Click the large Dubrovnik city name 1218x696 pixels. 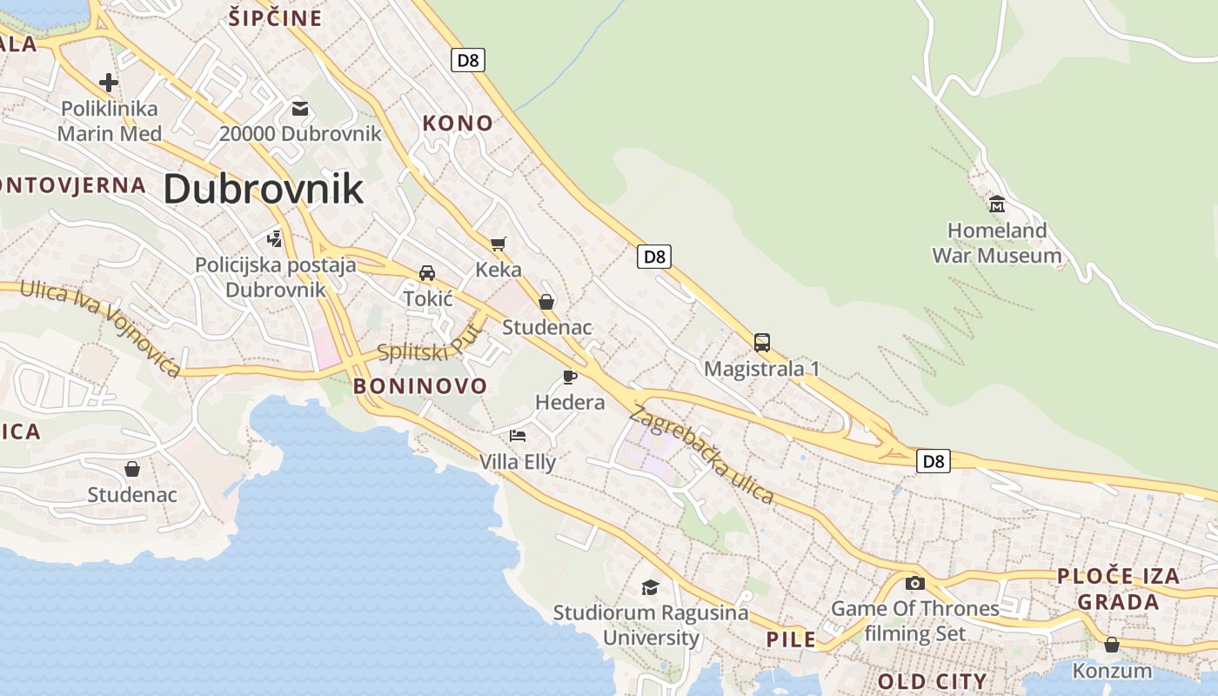pyautogui.click(x=263, y=189)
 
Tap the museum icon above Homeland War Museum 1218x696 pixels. pyautogui.click(x=997, y=204)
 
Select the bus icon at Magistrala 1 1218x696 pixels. pyautogui.click(x=762, y=342)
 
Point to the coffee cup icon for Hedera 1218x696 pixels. pyautogui.click(x=570, y=377)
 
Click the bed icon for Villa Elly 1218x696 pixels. pyautogui.click(x=518, y=435)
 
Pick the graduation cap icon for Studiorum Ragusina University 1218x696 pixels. pyautogui.click(x=650, y=587)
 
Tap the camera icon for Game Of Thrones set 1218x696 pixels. pyautogui.click(x=915, y=583)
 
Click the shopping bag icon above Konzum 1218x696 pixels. pyautogui.click(x=1112, y=645)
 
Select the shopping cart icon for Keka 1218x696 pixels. pyautogui.click(x=498, y=244)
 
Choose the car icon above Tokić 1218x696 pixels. pyautogui.click(x=427, y=273)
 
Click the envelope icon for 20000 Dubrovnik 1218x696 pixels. pyautogui.click(x=300, y=109)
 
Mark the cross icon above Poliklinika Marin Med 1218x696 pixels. pyautogui.click(x=109, y=83)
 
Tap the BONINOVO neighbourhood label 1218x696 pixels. pyautogui.click(x=420, y=386)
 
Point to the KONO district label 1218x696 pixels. pyautogui.click(x=458, y=124)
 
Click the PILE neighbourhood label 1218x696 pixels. pyautogui.click(x=791, y=640)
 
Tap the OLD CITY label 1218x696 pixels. pyautogui.click(x=932, y=681)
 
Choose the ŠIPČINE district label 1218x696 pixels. pyautogui.click(x=275, y=18)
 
